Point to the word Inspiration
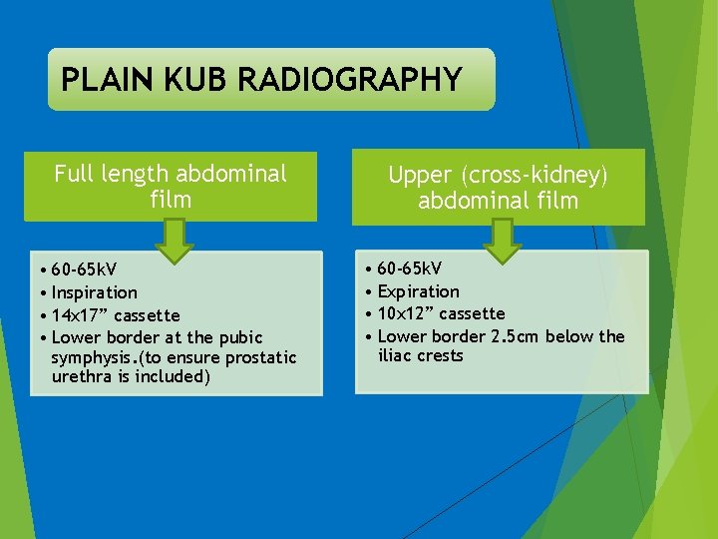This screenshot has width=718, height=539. click(x=94, y=292)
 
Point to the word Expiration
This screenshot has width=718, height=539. click(x=418, y=291)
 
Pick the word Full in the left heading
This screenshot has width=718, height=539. click(x=73, y=174)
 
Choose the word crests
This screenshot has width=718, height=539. click(x=442, y=355)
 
